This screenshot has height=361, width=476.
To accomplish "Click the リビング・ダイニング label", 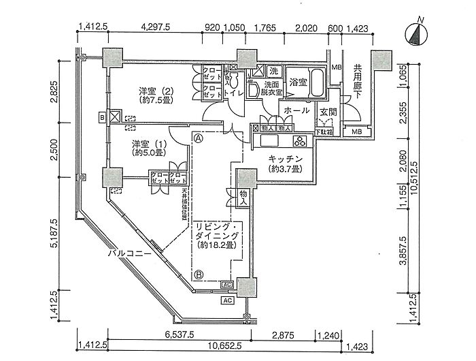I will pyautogui.click(x=215, y=234).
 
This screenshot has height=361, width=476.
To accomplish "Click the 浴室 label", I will pyautogui.click(x=299, y=82).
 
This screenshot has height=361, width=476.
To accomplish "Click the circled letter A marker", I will pyautogui.click(x=199, y=136).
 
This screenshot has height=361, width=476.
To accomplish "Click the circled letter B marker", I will pyautogui.click(x=199, y=275).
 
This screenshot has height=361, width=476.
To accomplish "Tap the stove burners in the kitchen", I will pyautogui.click(x=300, y=140).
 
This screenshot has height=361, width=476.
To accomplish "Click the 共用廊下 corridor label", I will pyautogui.click(x=357, y=82).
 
